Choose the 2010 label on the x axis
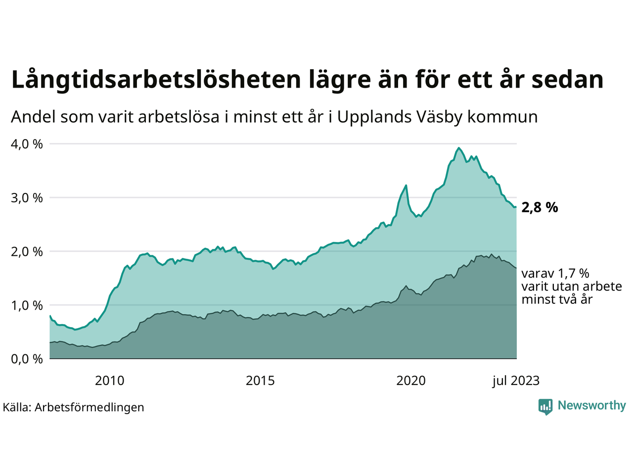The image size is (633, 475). point(110,380)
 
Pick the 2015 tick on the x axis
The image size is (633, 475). point(260,380)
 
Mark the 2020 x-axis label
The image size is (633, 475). point(411,380)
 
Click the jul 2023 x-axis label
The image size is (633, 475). point(516,380)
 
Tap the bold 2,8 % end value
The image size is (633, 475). point(540,208)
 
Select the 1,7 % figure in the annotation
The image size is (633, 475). point(574,274)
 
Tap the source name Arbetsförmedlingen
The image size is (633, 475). point(90,408)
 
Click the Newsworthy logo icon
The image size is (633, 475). point(545,407)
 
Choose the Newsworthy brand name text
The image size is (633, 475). point(591,406)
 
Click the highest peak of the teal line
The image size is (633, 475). point(459,147)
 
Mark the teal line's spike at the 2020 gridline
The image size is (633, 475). point(406,186)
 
